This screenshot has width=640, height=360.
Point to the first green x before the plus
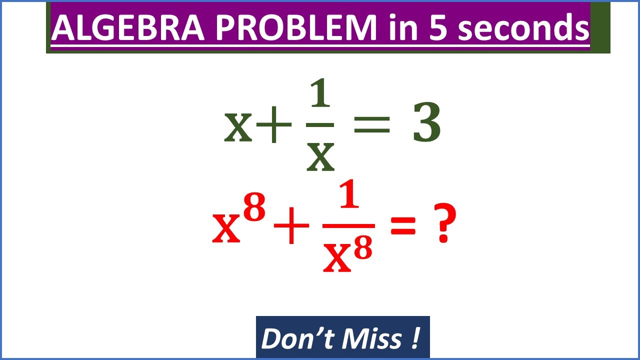click(x=238, y=128)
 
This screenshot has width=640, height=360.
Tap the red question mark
click(x=443, y=226)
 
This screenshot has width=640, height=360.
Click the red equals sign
click(x=402, y=227)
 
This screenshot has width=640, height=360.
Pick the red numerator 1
click(x=349, y=197)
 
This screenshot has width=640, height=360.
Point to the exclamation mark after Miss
click(x=415, y=338)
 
